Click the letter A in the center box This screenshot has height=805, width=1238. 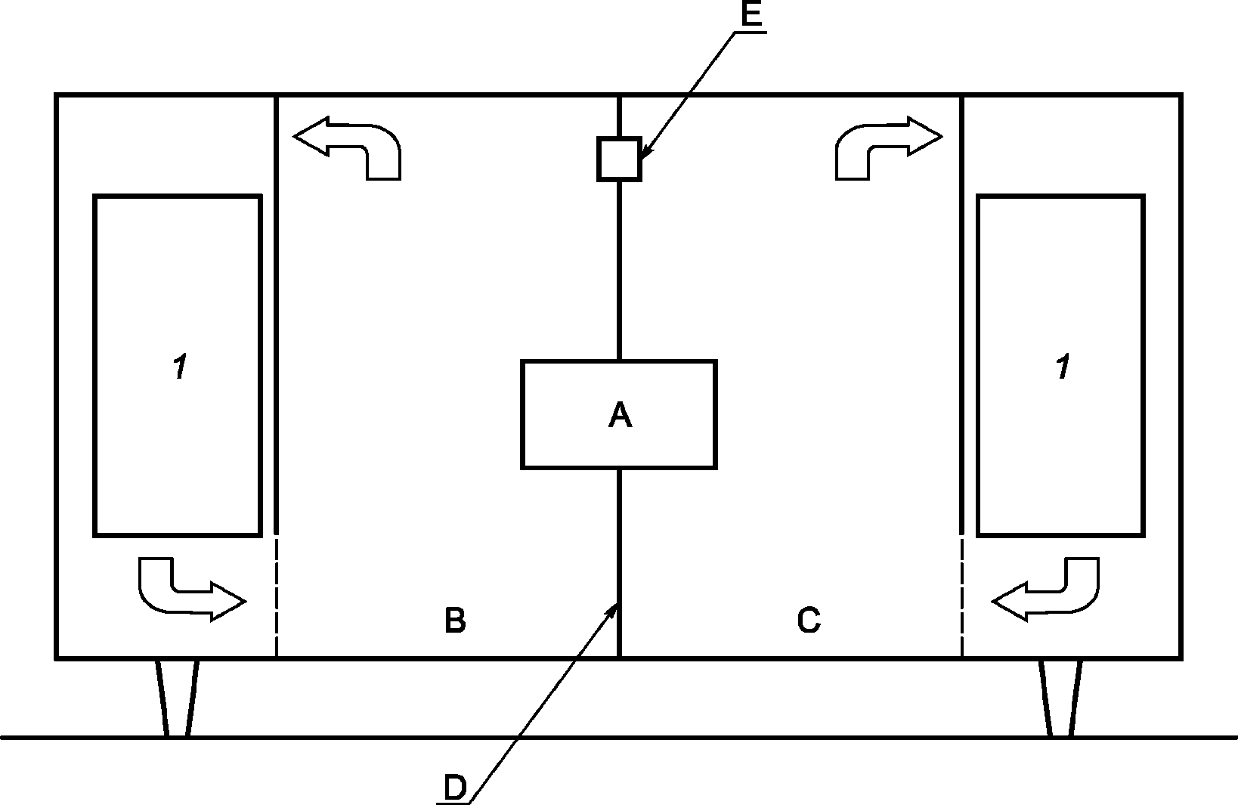(x=620, y=415)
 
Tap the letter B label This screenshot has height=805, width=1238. (x=455, y=621)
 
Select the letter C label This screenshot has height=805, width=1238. (x=809, y=621)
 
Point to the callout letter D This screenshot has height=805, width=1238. (x=455, y=788)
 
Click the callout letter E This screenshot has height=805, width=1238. (x=751, y=15)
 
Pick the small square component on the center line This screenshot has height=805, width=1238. (x=619, y=159)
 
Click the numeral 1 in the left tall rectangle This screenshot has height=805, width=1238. (x=180, y=367)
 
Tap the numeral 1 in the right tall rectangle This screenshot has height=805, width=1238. (x=1063, y=367)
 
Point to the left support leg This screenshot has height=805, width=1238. (x=177, y=697)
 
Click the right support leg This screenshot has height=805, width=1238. (x=1060, y=697)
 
